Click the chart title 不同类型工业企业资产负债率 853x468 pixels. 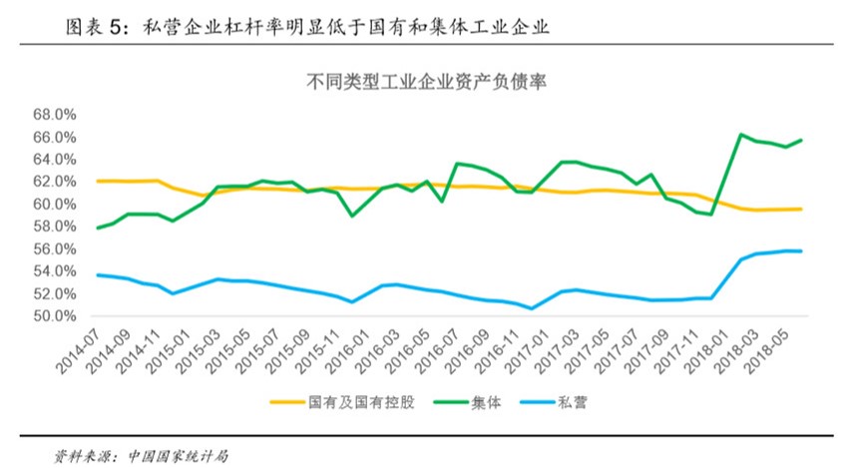pos(425,84)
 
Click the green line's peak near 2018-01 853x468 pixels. pos(740,134)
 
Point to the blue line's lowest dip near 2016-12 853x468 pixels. pos(533,308)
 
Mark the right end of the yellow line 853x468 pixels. pos(801,209)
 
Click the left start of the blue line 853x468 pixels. pos(97,274)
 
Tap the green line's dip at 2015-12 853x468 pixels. pos(351,216)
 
